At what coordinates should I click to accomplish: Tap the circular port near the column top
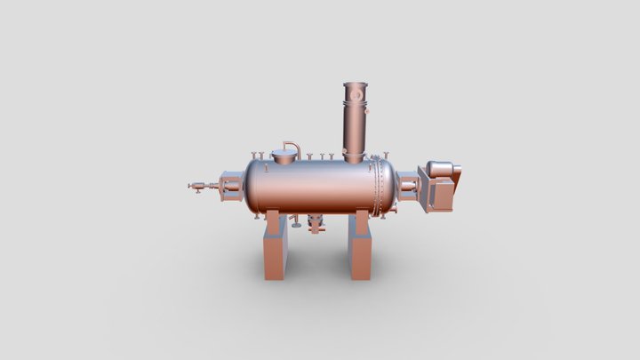(356, 92)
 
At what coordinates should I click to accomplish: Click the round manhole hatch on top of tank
(284, 158)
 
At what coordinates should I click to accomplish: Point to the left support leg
(274, 249)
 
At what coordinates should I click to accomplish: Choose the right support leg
(359, 249)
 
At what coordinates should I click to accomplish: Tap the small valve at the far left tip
(195, 187)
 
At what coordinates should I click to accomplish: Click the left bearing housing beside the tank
(228, 187)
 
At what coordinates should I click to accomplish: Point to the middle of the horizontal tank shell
(311, 187)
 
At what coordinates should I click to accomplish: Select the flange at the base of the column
(355, 158)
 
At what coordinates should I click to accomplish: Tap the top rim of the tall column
(356, 84)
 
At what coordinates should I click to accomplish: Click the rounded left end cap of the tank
(250, 187)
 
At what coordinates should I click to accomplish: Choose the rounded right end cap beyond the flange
(392, 186)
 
